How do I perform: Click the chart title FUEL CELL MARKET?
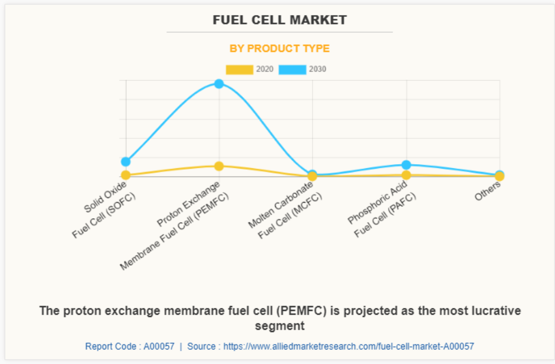(280, 20)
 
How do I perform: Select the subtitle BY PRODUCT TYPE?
(280, 49)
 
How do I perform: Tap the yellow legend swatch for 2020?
(239, 69)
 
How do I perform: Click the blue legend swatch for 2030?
(292, 69)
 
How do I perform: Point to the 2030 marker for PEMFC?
(219, 84)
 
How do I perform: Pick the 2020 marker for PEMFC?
(219, 166)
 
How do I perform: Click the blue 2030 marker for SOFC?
(126, 161)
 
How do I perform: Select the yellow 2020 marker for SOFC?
(126, 175)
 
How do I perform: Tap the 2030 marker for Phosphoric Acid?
(406, 165)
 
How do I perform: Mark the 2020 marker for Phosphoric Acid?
(406, 175)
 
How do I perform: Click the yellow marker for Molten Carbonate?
(313, 176)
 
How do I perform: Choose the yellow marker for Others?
(500, 176)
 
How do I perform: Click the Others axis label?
(487, 191)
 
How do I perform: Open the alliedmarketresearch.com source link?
(348, 346)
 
